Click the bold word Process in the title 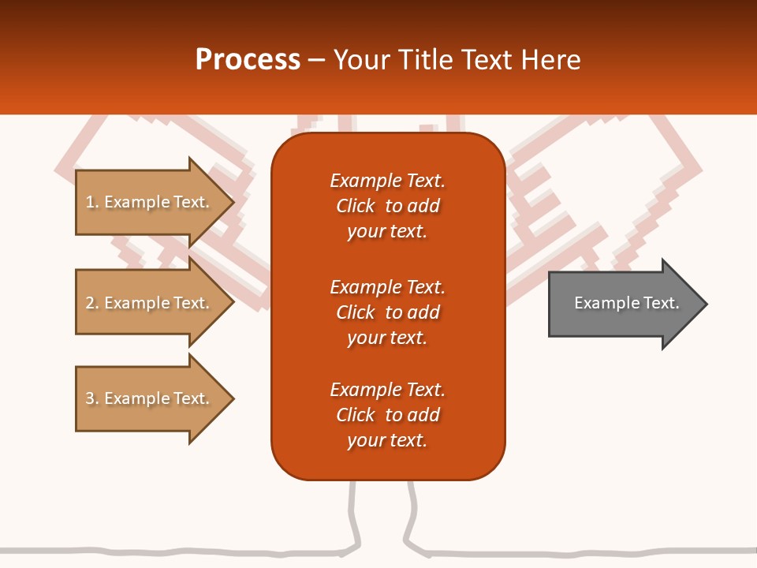[x=248, y=60]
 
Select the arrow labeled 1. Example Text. [x=147, y=202]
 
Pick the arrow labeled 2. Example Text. [x=147, y=303]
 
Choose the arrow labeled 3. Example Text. [x=147, y=398]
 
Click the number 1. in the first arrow [x=91, y=202]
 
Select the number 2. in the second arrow [x=91, y=303]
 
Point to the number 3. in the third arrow [x=91, y=398]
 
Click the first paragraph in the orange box [x=387, y=206]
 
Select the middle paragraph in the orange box [x=387, y=312]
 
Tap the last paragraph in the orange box [x=387, y=415]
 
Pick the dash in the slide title [x=316, y=60]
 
